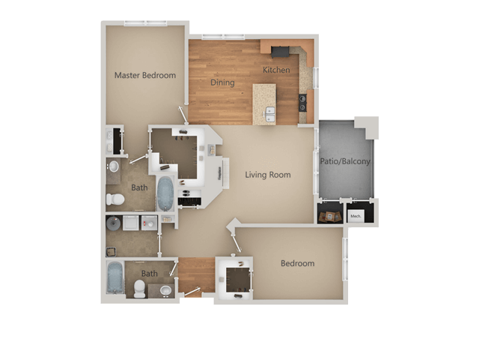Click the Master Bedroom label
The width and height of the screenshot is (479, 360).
pos(145,75)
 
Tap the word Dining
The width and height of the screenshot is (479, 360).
pos(222,82)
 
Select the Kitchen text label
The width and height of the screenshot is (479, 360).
pos(275,70)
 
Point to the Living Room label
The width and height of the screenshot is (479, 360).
pos(268,175)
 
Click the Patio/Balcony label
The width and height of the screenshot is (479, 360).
pos(345,161)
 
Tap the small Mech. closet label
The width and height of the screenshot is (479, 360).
pos(356,217)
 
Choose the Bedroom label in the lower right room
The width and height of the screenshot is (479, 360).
pos(297,263)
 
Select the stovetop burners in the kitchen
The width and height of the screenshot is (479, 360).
pos(303,102)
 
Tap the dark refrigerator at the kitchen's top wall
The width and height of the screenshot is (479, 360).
pos(281,51)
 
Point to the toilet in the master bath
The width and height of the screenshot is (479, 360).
pos(115,199)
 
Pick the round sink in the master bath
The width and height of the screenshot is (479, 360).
pos(113,166)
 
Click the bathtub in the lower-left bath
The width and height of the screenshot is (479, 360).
pos(115,277)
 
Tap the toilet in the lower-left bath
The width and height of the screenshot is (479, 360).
pos(138,289)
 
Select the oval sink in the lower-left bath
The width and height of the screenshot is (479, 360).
pos(165,289)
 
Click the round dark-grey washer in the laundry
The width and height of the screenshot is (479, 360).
pos(115,223)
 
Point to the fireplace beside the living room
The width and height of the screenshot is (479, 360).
pos(221,172)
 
